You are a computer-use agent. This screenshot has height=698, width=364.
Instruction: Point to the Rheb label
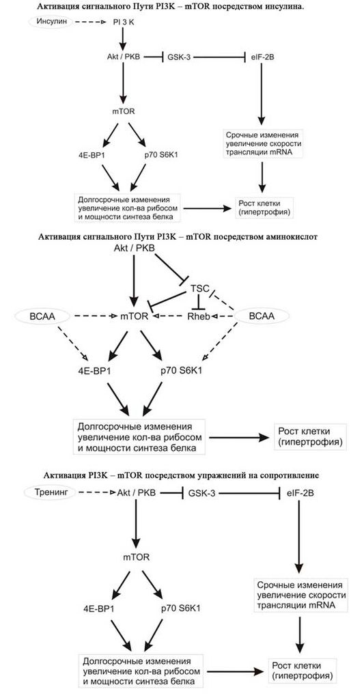tap(200, 317)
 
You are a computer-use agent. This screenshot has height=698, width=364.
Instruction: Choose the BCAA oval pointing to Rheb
tap(263, 317)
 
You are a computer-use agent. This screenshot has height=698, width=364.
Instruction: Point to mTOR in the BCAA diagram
tap(135, 317)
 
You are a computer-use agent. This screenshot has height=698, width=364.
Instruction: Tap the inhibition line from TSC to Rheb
tap(199, 302)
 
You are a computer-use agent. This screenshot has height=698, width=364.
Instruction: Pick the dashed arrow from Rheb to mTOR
tap(167, 317)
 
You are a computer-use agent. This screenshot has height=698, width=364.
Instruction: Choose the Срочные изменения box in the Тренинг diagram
tap(301, 596)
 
